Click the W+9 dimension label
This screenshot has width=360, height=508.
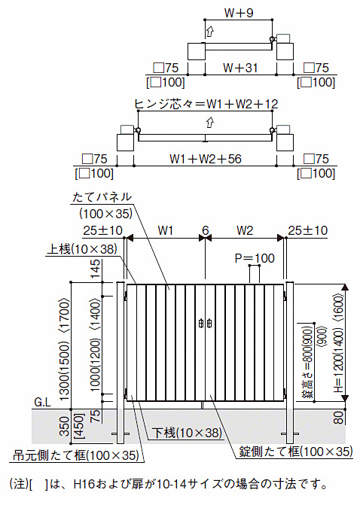click(x=239, y=13)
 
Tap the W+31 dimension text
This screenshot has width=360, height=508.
click(x=240, y=68)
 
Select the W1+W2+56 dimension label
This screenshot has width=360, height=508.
click(x=206, y=159)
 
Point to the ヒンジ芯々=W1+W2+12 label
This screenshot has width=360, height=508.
click(x=206, y=104)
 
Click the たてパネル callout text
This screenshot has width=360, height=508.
click(x=102, y=196)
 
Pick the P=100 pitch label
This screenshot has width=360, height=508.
click(x=255, y=258)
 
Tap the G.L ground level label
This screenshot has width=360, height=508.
click(x=43, y=403)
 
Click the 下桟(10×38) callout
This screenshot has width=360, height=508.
click(x=187, y=433)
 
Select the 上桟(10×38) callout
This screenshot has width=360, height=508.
click(x=82, y=249)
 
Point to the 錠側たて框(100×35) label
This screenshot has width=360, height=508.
click(x=296, y=452)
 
